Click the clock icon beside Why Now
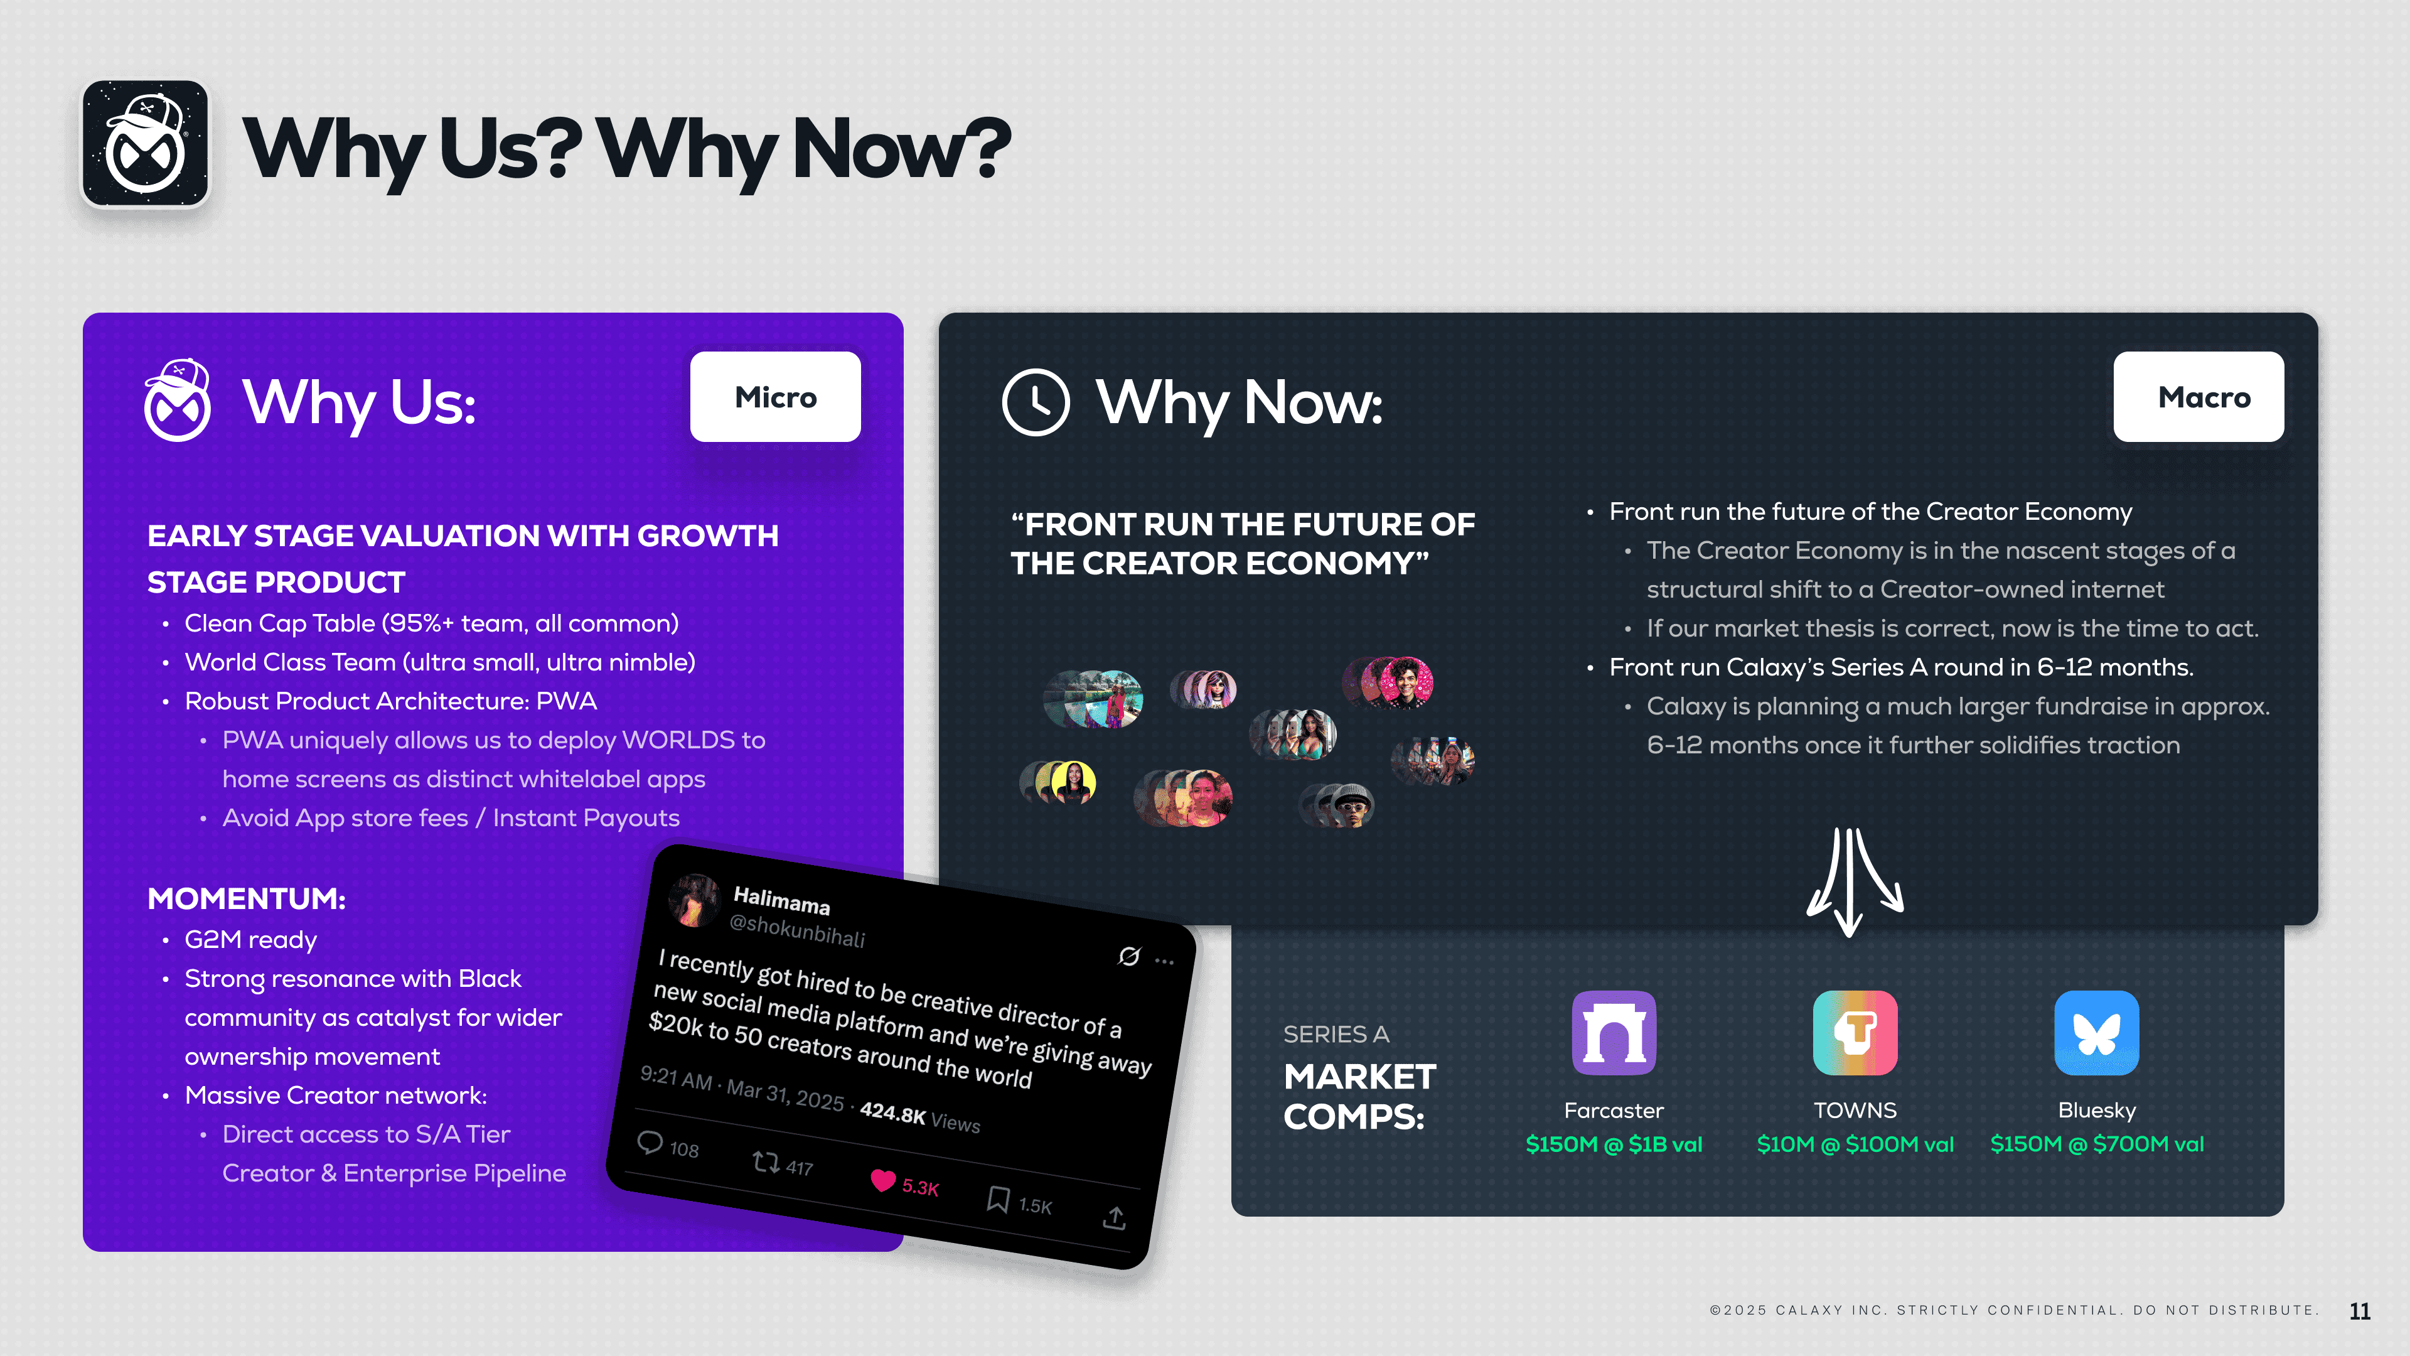(x=1036, y=402)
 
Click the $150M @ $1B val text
(x=1614, y=1144)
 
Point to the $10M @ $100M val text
(x=1855, y=1144)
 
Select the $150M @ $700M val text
(x=2097, y=1144)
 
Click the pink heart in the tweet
(x=882, y=1180)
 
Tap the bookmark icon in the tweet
(x=999, y=1199)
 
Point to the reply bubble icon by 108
(x=650, y=1143)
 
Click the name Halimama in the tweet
(x=781, y=900)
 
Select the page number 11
(x=2360, y=1311)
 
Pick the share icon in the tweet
(x=1113, y=1217)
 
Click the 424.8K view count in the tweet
(x=892, y=1112)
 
